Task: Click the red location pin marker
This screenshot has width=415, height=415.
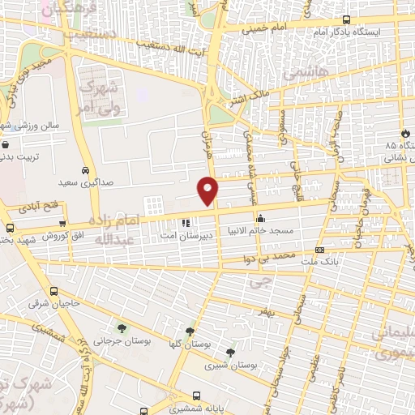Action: tap(209, 190)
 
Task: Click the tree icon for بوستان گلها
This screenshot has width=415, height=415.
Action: tap(190, 331)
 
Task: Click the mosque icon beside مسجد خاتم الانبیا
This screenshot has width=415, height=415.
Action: tap(261, 218)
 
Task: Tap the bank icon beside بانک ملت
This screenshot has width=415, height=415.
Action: tap(320, 250)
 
